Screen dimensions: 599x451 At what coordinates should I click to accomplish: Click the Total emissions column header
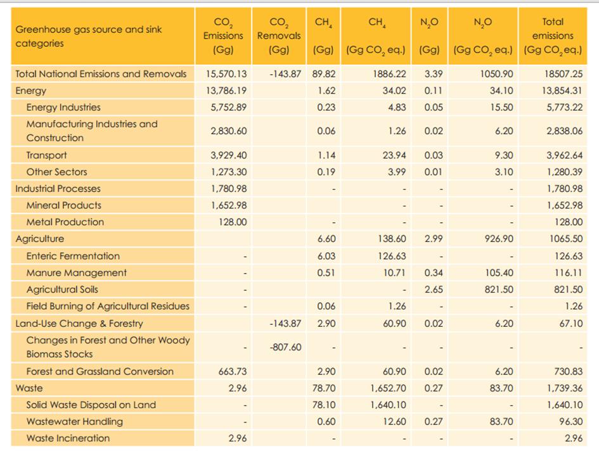click(553, 35)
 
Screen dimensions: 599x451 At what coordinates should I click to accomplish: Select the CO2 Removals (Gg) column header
click(279, 35)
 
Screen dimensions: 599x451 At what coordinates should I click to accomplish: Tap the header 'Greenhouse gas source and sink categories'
click(89, 36)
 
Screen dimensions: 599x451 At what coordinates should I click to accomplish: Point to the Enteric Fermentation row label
click(73, 256)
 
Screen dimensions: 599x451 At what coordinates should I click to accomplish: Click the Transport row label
click(47, 155)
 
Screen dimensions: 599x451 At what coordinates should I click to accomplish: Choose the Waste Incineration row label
click(68, 438)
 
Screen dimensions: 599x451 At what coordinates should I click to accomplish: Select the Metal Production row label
click(65, 222)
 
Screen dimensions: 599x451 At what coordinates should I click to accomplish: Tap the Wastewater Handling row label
click(75, 422)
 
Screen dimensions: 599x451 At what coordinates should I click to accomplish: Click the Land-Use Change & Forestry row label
click(79, 324)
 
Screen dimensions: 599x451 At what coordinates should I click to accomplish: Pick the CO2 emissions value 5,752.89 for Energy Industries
click(228, 107)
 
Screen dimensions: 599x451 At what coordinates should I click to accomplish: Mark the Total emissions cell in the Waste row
click(565, 388)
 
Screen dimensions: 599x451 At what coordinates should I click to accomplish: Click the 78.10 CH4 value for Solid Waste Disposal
click(324, 405)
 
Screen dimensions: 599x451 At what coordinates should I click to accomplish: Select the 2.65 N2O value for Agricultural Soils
click(434, 289)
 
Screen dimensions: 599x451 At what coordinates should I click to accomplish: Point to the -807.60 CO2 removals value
click(285, 347)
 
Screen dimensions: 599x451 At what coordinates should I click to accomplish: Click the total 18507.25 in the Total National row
click(564, 73)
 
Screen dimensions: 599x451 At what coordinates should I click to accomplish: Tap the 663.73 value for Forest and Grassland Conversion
click(233, 371)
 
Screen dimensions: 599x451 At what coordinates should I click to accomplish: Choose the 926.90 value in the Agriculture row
click(499, 239)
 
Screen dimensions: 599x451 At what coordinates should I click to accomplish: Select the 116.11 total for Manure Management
click(569, 272)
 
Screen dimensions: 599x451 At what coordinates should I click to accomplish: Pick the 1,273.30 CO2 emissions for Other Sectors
click(229, 172)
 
